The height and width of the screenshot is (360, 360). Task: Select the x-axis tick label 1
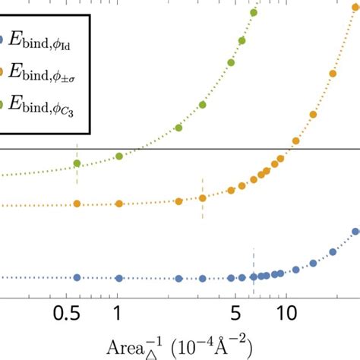[x=118, y=314]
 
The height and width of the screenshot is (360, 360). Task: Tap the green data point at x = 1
[x=119, y=156]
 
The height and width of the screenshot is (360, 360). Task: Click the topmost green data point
[x=254, y=12]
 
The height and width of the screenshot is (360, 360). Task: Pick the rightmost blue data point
[x=355, y=232]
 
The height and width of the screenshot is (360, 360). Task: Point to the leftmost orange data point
[x=76, y=204]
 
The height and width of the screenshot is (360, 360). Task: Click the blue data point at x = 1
[x=118, y=278]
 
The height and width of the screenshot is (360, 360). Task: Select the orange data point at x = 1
[x=118, y=204]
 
